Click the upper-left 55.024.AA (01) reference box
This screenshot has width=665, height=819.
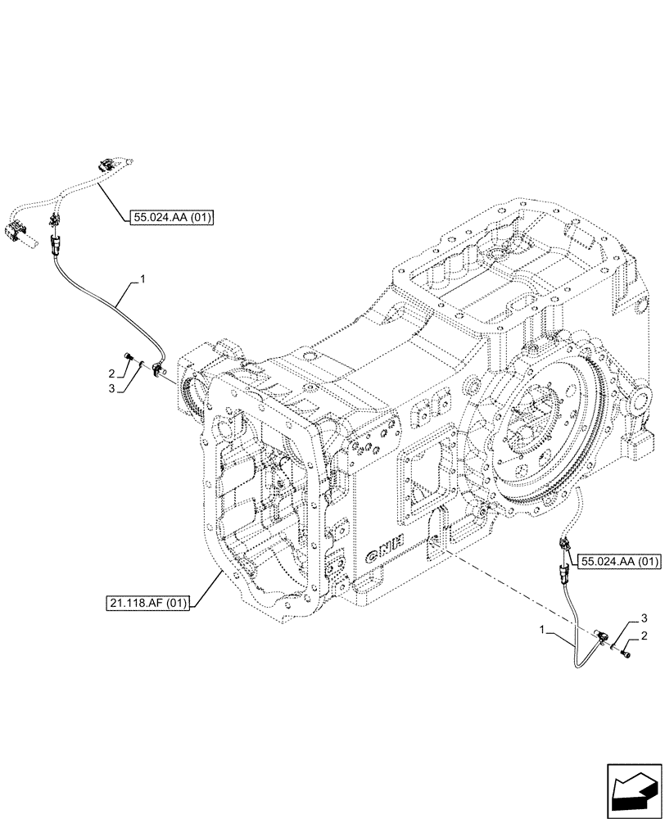tap(171, 217)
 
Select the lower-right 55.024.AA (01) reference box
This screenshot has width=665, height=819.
tap(619, 561)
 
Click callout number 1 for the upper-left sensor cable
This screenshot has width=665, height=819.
tap(142, 280)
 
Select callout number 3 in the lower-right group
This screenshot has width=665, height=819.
tap(645, 617)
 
